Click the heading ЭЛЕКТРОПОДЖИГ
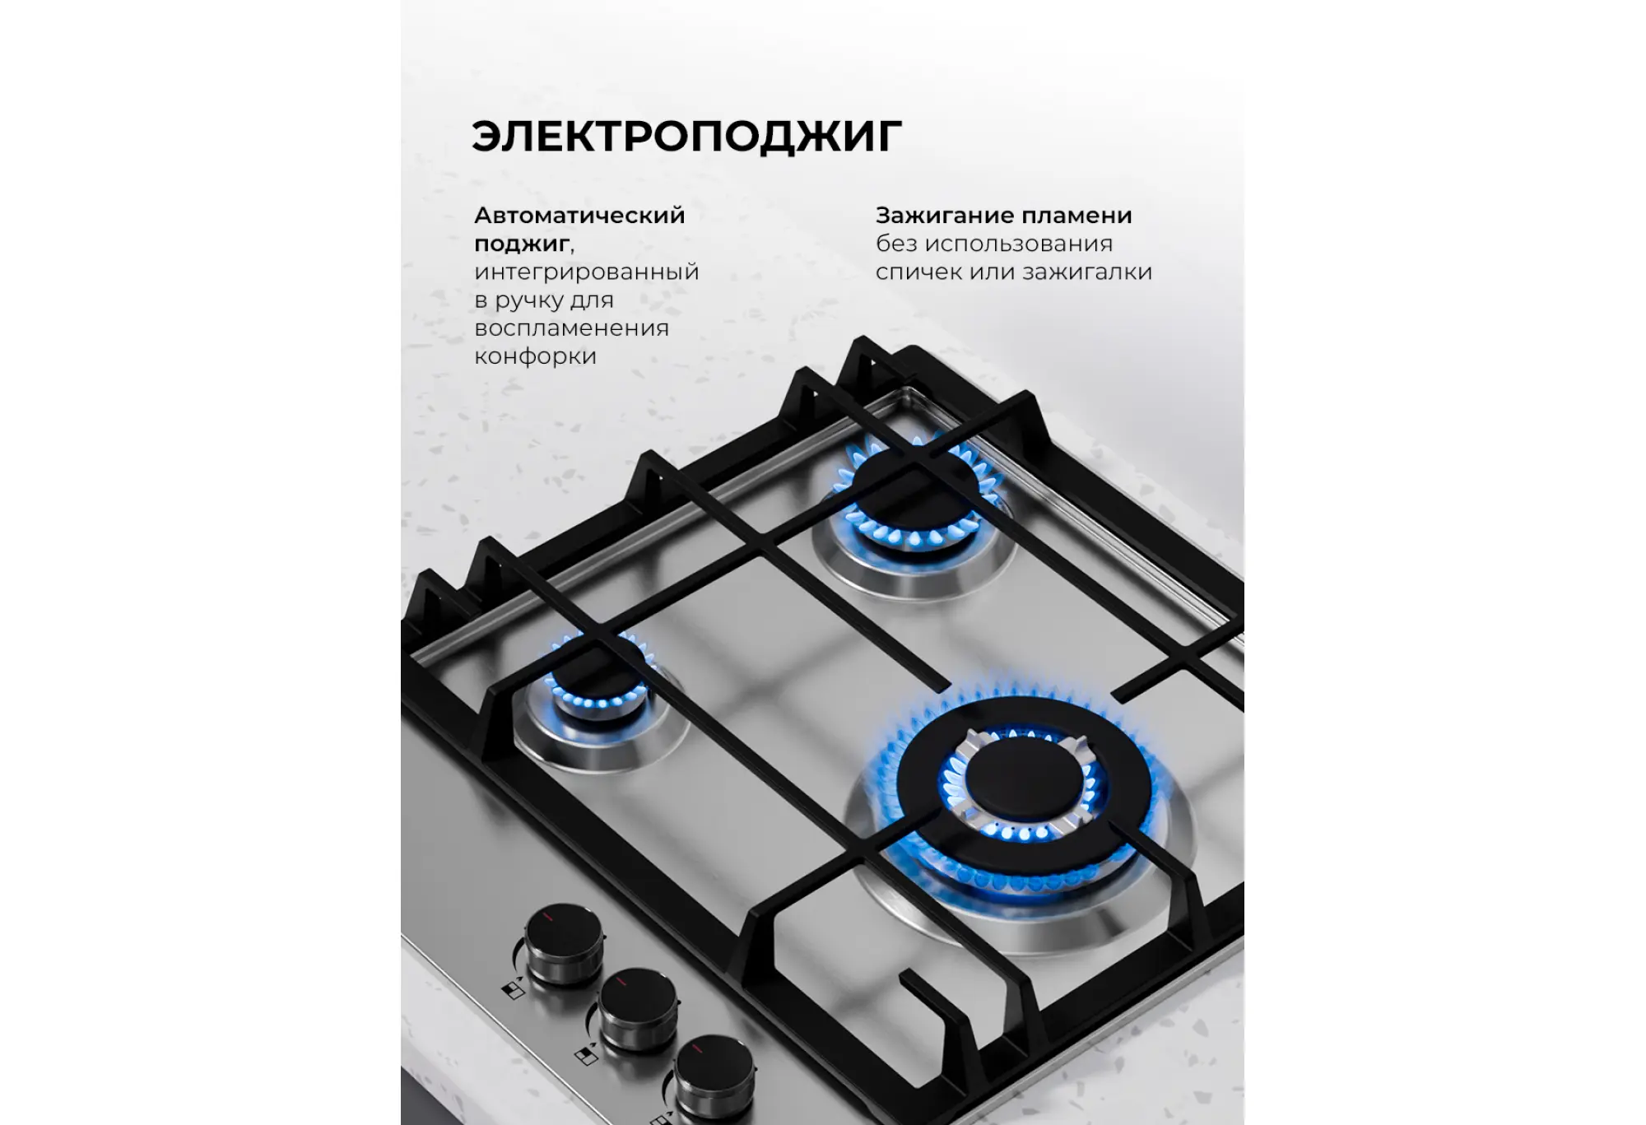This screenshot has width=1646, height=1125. tap(687, 137)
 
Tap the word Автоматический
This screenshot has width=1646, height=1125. tap(579, 216)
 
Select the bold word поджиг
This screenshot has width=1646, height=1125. tap(522, 244)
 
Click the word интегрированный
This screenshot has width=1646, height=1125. tap(587, 272)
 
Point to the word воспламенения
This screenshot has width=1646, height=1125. tap(571, 328)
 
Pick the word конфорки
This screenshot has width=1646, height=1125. tap(535, 357)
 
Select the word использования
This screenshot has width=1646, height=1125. tap(1019, 244)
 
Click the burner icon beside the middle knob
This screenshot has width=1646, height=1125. tap(585, 1056)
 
